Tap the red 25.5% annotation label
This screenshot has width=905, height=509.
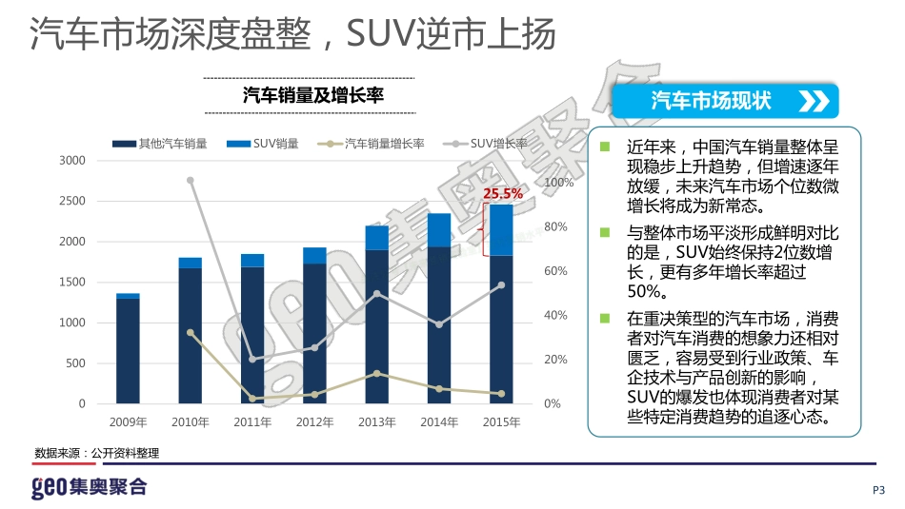pyautogui.click(x=502, y=193)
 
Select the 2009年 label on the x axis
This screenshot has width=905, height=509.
pyautogui.click(x=128, y=421)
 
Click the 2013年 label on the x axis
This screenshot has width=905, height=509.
pyautogui.click(x=376, y=421)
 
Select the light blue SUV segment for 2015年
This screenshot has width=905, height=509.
pyautogui.click(x=501, y=230)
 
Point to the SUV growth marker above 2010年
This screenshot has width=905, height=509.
pyautogui.click(x=191, y=180)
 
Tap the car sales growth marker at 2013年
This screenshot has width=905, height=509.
pyautogui.click(x=376, y=373)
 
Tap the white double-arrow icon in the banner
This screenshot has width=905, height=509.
pyautogui.click(x=813, y=102)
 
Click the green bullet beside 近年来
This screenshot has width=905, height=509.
pyautogui.click(x=604, y=147)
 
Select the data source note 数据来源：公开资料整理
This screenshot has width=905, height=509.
pyautogui.click(x=96, y=453)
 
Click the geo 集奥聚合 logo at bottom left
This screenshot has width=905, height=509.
pyautogui.click(x=89, y=487)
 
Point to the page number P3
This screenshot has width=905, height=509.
pyautogui.click(x=878, y=490)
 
